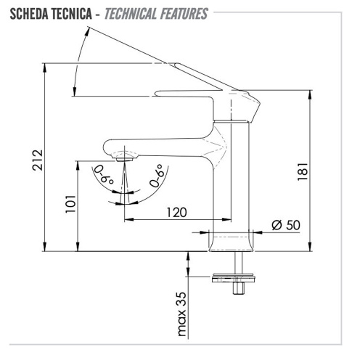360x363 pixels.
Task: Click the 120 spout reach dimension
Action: click(x=176, y=212)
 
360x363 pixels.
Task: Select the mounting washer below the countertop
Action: click(x=234, y=277)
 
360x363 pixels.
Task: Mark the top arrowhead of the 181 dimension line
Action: click(x=312, y=94)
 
